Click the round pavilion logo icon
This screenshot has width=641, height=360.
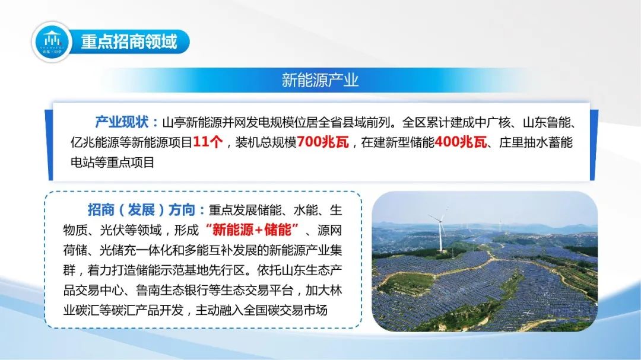click(52, 42)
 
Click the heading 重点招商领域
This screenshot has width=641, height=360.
click(129, 42)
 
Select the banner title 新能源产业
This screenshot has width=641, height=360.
click(320, 80)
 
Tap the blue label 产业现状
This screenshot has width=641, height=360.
click(122, 122)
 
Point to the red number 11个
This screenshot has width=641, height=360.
click(208, 142)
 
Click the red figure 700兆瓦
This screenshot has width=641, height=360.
click(323, 142)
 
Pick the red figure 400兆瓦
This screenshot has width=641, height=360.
click(461, 142)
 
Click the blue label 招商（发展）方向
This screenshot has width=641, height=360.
click(141, 209)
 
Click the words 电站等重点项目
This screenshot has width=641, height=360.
click(112, 163)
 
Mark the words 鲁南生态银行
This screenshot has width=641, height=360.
click(172, 290)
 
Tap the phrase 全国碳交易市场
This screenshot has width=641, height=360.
click(285, 310)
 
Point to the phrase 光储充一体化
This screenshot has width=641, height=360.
click(136, 250)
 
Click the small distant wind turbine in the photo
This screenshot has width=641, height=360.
click(500, 226)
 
